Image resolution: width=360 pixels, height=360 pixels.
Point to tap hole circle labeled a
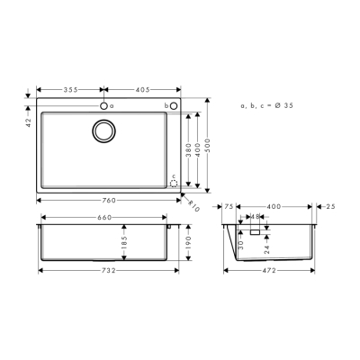104,106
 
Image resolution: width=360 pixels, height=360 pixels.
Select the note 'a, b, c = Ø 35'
266,106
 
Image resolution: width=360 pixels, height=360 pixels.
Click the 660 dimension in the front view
104,217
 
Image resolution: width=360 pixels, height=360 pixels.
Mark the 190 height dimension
189,241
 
